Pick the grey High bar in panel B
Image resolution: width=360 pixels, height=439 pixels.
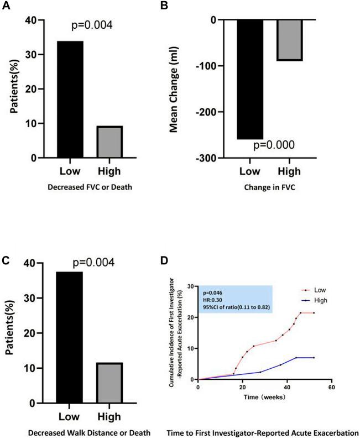point(290,40)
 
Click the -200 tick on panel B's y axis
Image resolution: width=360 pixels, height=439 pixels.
point(222,112)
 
